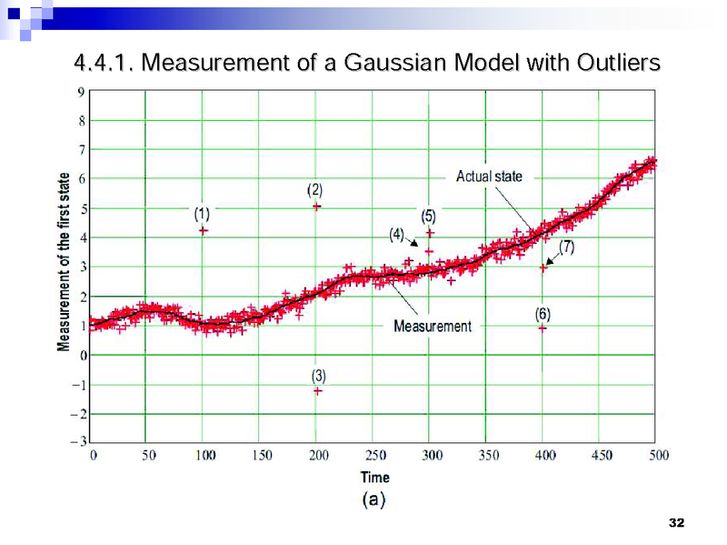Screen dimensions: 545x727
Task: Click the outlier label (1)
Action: (x=202, y=214)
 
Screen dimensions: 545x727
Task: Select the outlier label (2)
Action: (x=314, y=189)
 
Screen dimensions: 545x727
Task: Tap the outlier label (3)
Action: (x=318, y=375)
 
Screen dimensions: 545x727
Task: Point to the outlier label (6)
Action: (x=543, y=313)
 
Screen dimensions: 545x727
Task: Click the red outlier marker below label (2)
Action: (x=316, y=207)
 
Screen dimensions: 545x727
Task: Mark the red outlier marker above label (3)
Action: (x=318, y=390)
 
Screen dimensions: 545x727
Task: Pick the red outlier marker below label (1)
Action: (x=204, y=230)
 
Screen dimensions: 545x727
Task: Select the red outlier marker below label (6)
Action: (x=543, y=328)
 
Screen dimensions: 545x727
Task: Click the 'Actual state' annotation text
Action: (x=489, y=176)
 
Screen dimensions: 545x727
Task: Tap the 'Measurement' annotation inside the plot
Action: (x=433, y=326)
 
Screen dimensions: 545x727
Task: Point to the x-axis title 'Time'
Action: (x=374, y=477)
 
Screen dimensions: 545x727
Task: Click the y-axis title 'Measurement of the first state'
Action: (x=64, y=262)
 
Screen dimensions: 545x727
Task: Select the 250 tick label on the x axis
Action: (x=374, y=456)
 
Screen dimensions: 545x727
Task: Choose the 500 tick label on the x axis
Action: (x=658, y=456)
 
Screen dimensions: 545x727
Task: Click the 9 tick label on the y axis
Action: (x=82, y=92)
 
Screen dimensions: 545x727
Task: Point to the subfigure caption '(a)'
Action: (x=374, y=500)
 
